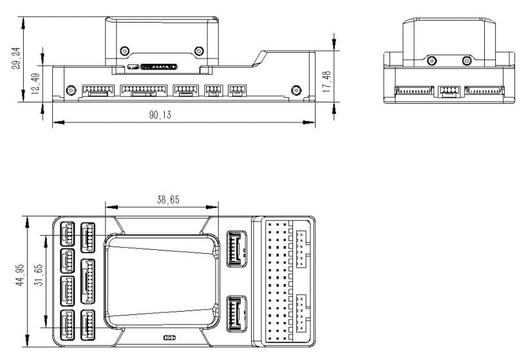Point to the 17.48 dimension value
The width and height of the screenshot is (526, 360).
pos(327,81)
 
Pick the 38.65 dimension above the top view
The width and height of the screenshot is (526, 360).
pos(158,200)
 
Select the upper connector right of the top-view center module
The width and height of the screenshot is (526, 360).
pos(237,247)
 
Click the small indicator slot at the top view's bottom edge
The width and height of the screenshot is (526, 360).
pos(170,337)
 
